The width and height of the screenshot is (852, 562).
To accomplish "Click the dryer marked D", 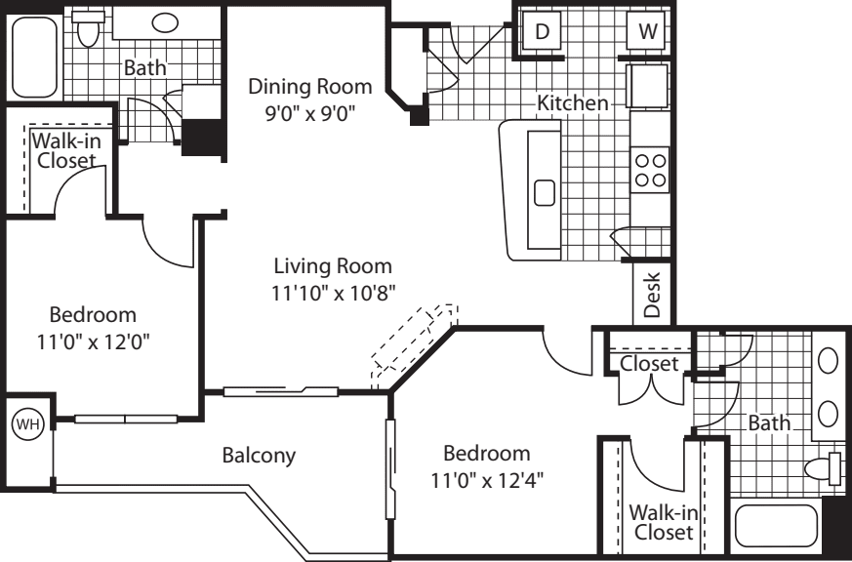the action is coord(542,31).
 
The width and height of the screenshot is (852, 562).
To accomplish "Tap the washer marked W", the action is coord(646,31).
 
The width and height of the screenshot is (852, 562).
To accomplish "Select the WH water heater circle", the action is coord(27,424).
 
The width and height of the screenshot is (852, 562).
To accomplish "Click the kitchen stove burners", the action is coord(650,170).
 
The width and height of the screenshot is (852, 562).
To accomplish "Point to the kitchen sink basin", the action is coord(545,193).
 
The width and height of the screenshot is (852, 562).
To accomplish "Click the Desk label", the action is coord(652,295).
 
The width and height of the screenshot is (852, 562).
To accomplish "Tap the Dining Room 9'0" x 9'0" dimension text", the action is coord(310,114).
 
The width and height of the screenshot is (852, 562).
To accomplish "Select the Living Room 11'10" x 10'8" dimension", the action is coord(333,294).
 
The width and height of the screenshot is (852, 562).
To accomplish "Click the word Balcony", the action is coord(260,455).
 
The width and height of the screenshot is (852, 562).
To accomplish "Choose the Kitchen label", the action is coord(573,102).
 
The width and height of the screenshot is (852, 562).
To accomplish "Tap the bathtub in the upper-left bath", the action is coord(34,57).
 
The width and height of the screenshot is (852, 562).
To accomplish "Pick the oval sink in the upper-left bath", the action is coord(165,22).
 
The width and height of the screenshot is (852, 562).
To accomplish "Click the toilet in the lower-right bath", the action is coord(823,468).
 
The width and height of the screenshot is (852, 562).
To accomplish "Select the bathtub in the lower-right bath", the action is coord(776,526).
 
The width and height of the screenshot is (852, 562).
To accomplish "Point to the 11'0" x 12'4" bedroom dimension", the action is coord(487,481).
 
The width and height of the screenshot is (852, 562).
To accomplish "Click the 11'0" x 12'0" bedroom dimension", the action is coord(94,342).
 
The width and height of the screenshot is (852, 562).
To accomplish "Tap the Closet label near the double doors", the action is coord(649,363).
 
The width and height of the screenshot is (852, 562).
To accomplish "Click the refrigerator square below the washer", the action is coord(648,86).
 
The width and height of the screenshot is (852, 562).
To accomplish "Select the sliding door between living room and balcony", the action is coord(281,391).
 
